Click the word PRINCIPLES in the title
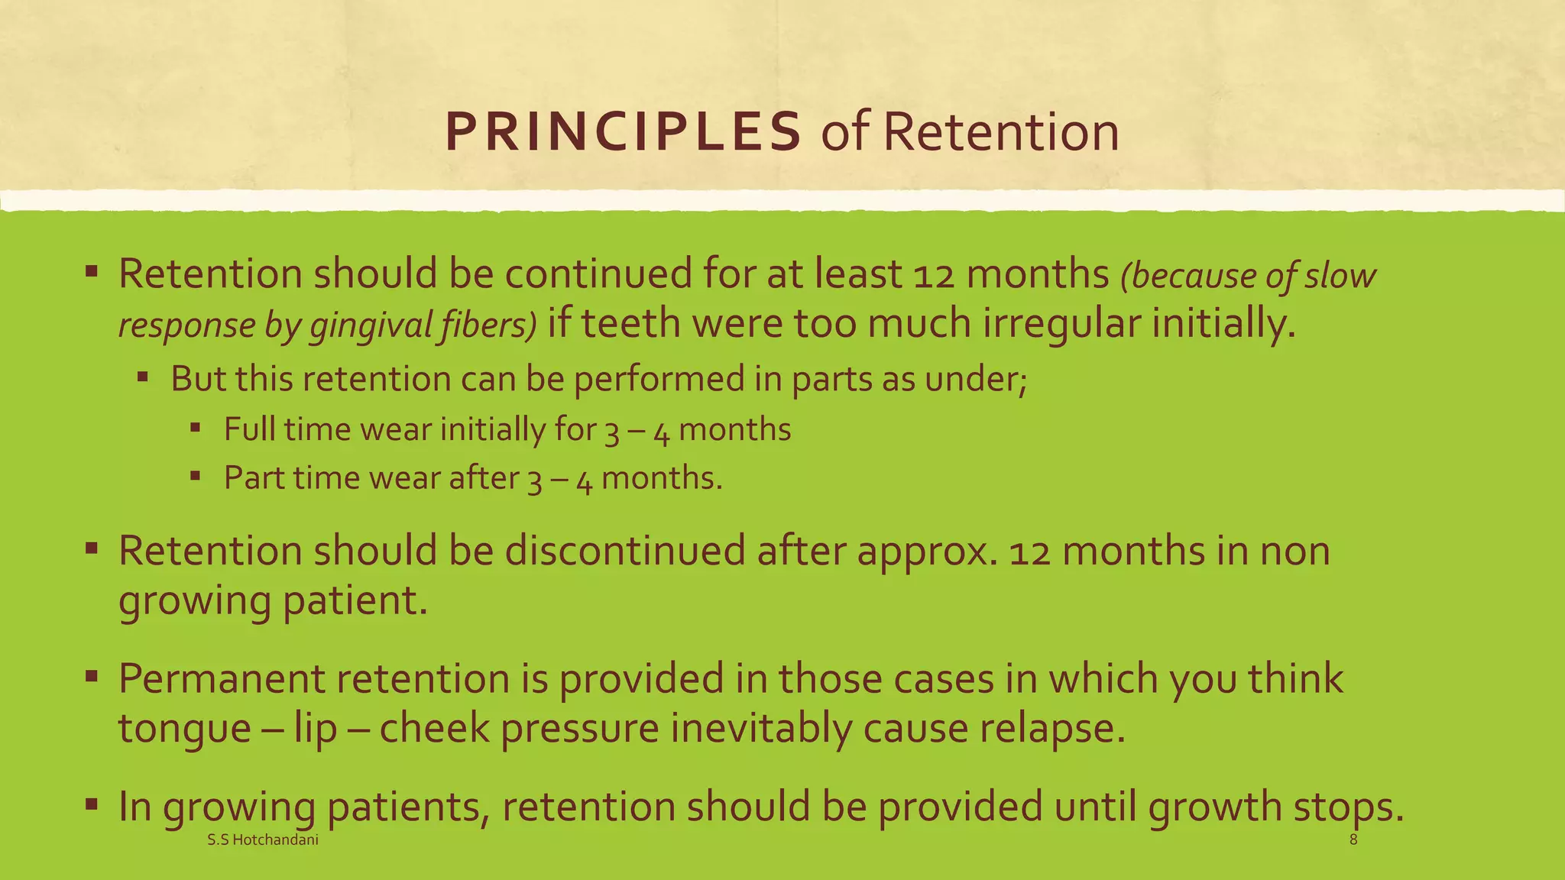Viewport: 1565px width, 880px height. tap(623, 132)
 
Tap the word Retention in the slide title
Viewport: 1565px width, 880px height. tap(1001, 132)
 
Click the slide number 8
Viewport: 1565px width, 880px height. tap(1353, 840)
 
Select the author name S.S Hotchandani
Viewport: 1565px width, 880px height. tap(263, 840)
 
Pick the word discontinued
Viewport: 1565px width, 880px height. tap(624, 551)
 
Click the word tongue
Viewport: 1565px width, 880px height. tap(184, 729)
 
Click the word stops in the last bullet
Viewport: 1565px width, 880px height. tap(1348, 807)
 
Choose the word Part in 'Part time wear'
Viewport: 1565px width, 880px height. tap(253, 478)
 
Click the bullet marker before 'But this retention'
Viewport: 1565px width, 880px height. tap(143, 377)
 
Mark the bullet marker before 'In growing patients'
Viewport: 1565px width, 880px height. tap(91, 804)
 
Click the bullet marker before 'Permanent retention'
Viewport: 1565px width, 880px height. tap(91, 676)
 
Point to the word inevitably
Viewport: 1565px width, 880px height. tap(761, 728)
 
